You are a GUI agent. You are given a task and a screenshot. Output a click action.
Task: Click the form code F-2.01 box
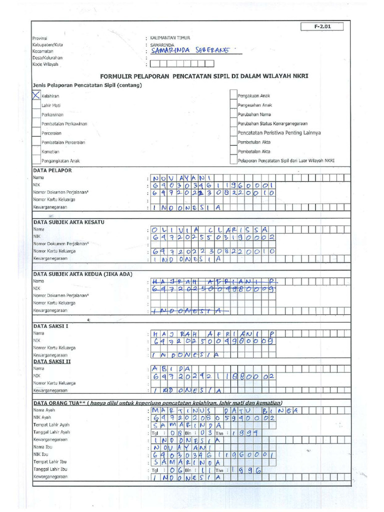click(x=322, y=27)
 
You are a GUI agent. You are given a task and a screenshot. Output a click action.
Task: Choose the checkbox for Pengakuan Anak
click(x=233, y=95)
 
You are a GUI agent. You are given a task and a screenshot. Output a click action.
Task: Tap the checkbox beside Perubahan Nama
click(x=233, y=114)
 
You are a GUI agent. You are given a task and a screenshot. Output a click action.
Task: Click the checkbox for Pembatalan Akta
click(x=233, y=151)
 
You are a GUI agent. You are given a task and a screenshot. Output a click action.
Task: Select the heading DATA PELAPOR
click(x=52, y=170)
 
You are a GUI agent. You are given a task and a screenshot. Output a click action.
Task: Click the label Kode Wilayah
click(x=45, y=64)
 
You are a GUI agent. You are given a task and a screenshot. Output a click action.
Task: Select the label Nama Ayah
click(x=44, y=410)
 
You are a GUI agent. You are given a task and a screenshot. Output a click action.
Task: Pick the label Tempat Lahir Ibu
click(x=50, y=462)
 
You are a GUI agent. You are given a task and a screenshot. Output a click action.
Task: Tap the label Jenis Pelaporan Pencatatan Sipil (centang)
click(x=87, y=85)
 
